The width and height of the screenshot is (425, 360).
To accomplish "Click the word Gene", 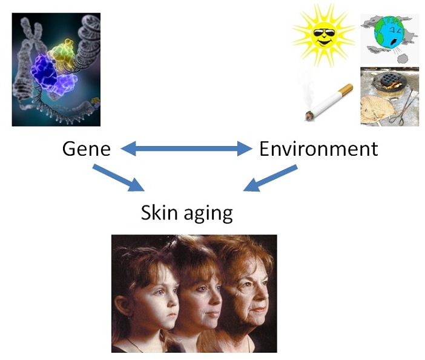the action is tap(87, 148).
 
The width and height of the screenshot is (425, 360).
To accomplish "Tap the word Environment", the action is tap(318, 148).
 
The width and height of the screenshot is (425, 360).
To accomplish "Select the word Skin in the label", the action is tap(159, 212).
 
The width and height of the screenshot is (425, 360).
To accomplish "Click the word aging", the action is tap(208, 213).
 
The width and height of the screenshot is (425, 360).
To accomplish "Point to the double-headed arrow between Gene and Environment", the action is tap(186, 148).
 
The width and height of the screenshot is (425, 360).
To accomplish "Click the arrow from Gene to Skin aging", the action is tap(119, 178).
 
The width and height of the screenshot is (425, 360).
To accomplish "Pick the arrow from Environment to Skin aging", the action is tap(270, 178).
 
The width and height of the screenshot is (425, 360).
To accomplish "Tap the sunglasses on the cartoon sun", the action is tap(324, 34).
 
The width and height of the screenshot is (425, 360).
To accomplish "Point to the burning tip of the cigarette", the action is tap(309, 116).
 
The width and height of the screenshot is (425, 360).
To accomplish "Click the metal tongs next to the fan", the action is tap(403, 108).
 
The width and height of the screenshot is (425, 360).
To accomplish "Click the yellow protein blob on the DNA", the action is tap(62, 52).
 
